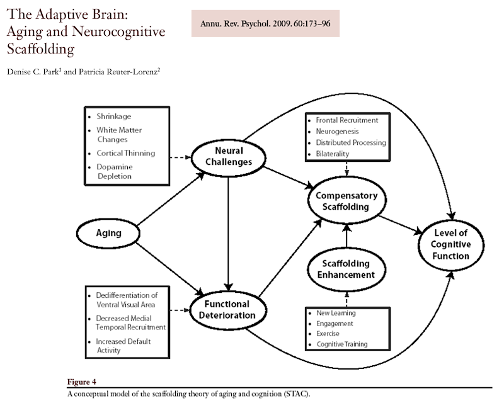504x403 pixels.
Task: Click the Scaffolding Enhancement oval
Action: tap(344, 269)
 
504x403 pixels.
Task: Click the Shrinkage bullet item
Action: tap(113, 117)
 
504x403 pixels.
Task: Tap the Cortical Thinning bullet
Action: tap(125, 153)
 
